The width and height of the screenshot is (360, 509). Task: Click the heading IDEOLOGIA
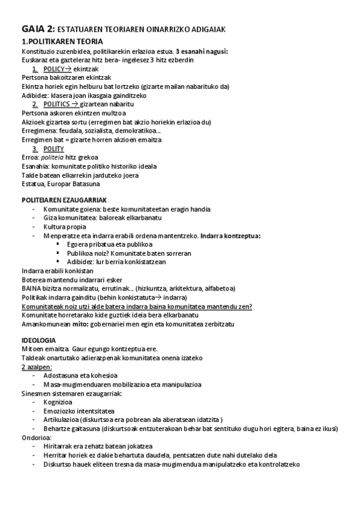(38, 340)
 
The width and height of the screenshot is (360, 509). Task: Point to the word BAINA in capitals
(31, 288)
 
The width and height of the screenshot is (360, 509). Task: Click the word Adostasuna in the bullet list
(62, 375)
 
